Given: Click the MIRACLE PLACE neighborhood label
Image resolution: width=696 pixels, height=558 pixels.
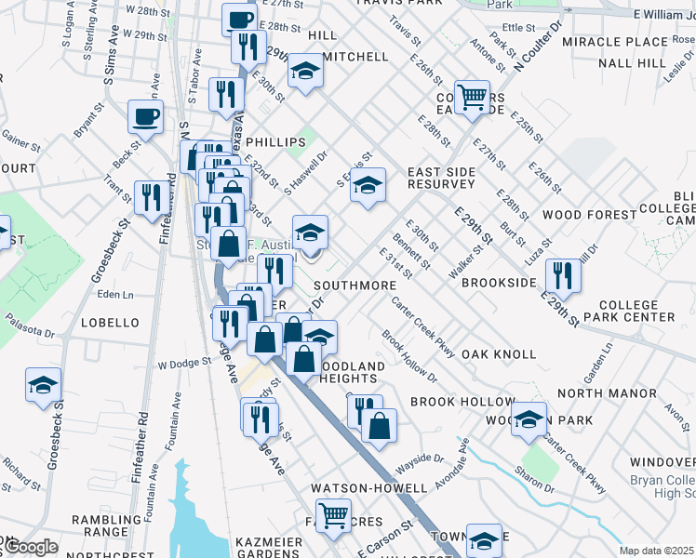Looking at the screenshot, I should pos(634,43).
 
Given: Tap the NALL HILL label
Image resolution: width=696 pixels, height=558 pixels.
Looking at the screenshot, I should pos(633,63).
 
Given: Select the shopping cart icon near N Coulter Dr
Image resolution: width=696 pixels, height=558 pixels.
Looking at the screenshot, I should pos(473,96).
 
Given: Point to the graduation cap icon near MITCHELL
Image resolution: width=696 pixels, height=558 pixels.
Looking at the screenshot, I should pos(304,71).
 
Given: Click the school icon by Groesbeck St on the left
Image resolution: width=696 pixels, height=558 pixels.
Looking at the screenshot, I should pos(42,386).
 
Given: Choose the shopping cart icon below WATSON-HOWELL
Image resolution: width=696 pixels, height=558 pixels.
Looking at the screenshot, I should pos(334,513).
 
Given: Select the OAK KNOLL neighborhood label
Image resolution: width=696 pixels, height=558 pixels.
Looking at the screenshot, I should pos(499,354).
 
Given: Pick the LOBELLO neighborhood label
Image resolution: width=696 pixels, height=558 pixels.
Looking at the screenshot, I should pos(109,323).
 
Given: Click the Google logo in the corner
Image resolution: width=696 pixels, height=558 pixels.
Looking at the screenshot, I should pos(30,547).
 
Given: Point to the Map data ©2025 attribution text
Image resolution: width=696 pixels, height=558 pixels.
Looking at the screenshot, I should pos(656,551).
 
